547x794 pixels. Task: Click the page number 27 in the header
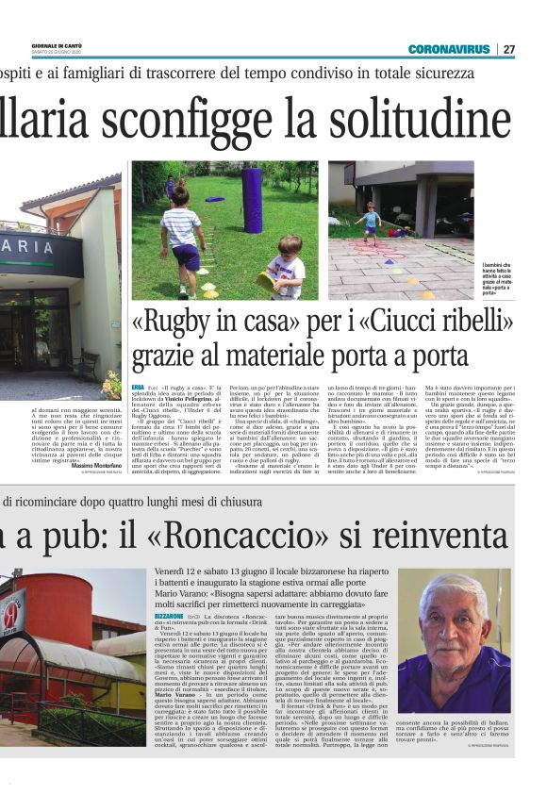tap(509, 49)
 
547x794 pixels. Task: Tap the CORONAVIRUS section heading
tap(449, 49)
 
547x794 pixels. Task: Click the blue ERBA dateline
tap(138, 388)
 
